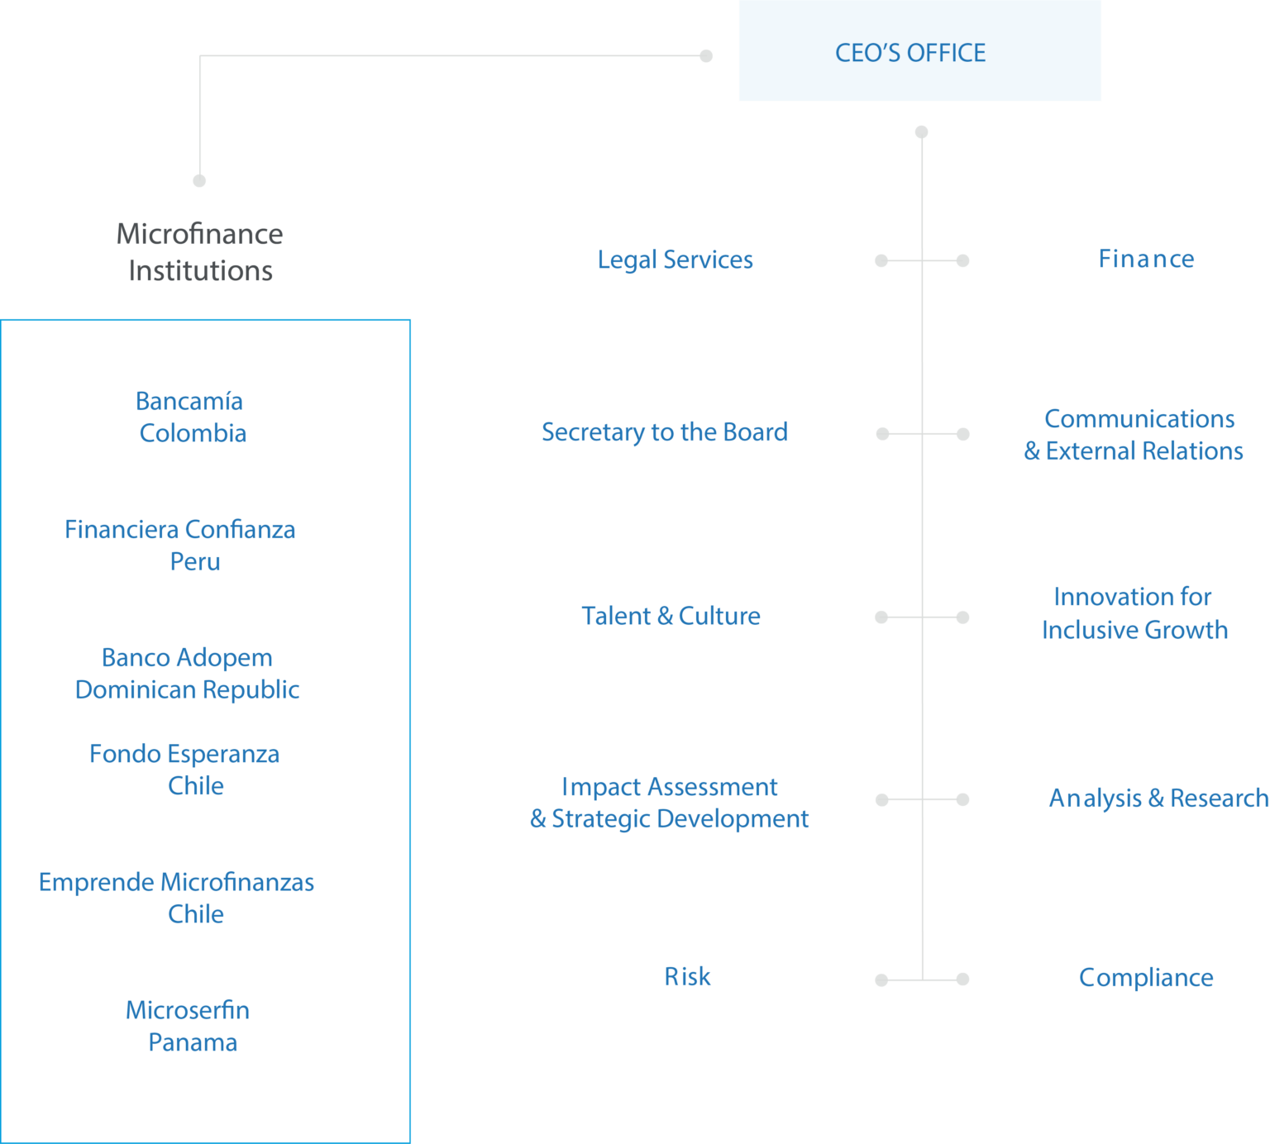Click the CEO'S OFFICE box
919,51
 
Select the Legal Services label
675,260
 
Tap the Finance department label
1146,260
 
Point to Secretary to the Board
664,432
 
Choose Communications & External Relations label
1134,435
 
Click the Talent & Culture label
671,617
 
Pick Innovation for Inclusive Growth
1134,613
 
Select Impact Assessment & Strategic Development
669,803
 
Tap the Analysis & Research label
1158,798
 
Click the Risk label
687,977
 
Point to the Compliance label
1146,978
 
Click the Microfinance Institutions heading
200,252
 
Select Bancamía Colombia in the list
191,417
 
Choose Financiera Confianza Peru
180,546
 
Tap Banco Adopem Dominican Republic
187,674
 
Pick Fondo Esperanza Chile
185,770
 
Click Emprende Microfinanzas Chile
177,899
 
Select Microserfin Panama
189,1027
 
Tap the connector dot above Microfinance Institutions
199,180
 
